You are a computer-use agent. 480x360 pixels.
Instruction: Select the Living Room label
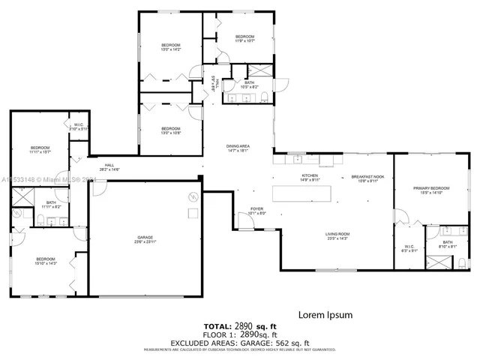pyautogui.click(x=337, y=235)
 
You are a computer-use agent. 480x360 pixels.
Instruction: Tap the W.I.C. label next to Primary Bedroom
pyautogui.click(x=409, y=248)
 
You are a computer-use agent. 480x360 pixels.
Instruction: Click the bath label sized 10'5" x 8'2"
pyautogui.click(x=249, y=85)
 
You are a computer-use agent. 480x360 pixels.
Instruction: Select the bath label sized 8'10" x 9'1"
pyautogui.click(x=447, y=244)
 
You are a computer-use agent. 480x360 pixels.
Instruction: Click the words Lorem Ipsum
pyautogui.click(x=325, y=315)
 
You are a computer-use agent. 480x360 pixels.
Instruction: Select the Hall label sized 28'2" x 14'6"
pyautogui.click(x=109, y=167)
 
